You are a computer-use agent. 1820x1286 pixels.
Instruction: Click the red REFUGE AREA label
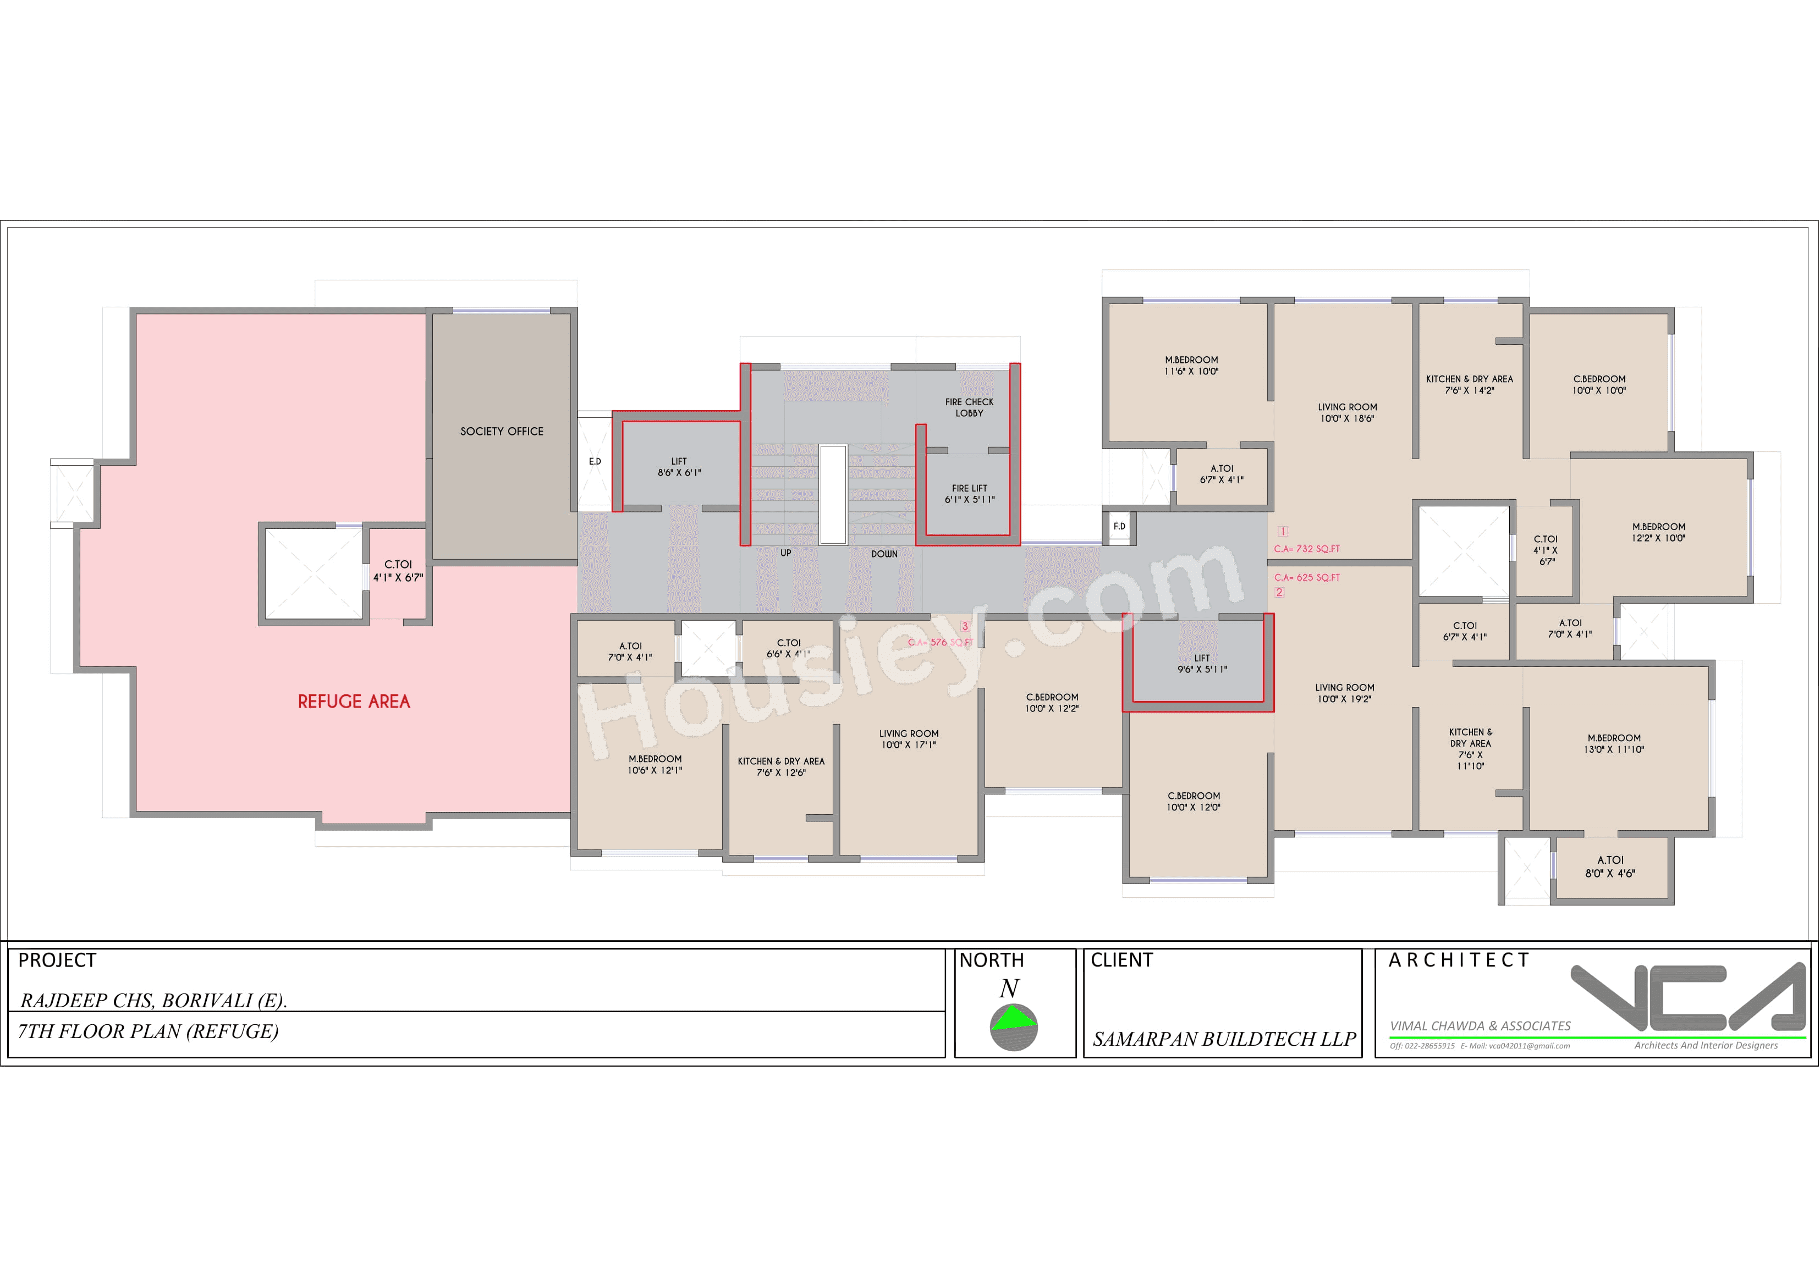tap(354, 701)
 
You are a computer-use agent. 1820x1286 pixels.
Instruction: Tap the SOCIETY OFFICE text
tap(502, 431)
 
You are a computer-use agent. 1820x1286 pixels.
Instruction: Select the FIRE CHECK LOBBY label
tap(969, 407)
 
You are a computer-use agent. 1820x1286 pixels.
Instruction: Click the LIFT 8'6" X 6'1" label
tap(679, 467)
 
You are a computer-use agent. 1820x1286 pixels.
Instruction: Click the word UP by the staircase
tap(785, 553)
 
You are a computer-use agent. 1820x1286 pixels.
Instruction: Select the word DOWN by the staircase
tap(884, 554)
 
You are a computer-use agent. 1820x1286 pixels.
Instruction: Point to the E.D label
tap(595, 461)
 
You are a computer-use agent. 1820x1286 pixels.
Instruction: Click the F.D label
tap(1119, 526)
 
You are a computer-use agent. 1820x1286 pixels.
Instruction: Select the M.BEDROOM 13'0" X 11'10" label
tap(1614, 743)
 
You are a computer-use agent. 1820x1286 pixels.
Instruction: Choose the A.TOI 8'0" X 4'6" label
tap(1610, 866)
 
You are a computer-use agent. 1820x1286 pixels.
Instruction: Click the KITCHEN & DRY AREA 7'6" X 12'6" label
tap(781, 766)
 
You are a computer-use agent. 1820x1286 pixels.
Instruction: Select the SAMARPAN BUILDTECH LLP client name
tap(1224, 1039)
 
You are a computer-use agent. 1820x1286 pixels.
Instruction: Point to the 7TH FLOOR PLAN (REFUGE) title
tap(149, 1031)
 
